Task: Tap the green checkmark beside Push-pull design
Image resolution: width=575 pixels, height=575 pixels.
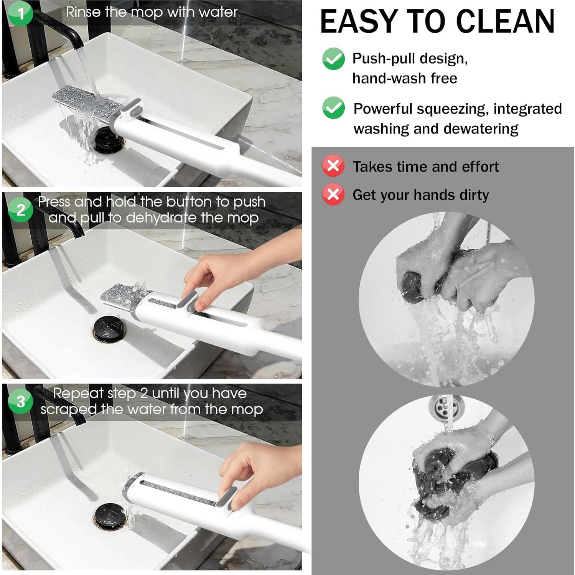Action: click(333, 59)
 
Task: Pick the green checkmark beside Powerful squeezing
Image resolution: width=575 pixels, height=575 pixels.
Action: click(333, 108)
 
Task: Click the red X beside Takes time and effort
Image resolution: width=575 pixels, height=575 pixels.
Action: click(333, 166)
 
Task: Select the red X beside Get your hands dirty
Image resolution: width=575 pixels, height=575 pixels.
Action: click(333, 194)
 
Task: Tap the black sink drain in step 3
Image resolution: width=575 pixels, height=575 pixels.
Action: click(110, 518)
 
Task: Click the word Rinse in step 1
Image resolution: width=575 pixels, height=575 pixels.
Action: click(83, 12)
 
